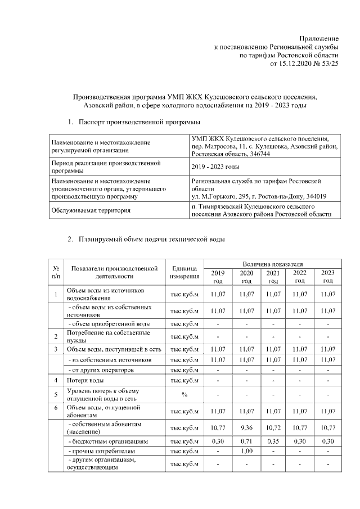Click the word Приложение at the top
(x=322, y=37)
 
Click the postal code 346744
(x=259, y=154)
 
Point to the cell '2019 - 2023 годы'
(x=215, y=167)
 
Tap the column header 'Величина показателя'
(x=273, y=263)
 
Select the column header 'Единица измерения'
(x=184, y=272)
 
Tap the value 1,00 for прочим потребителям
(x=246, y=452)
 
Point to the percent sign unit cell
(x=184, y=394)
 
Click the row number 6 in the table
(x=56, y=408)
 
